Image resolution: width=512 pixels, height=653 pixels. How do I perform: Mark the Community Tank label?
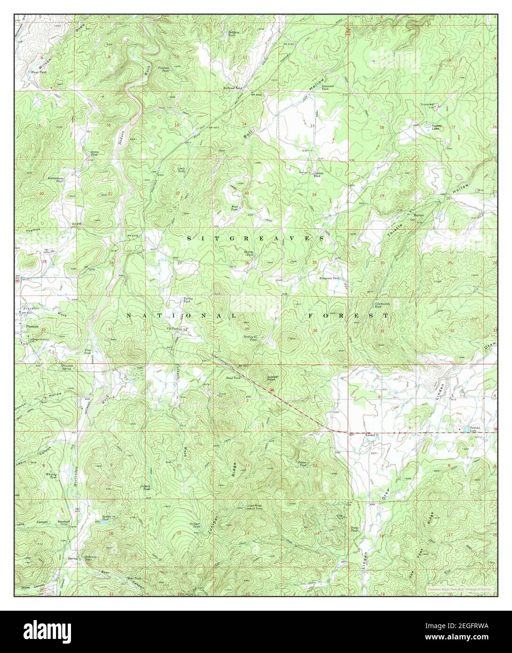[381, 305]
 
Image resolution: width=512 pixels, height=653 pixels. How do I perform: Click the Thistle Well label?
[426, 104]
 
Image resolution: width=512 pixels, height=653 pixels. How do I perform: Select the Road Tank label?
[233, 378]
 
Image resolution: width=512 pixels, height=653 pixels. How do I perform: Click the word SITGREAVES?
[255, 239]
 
